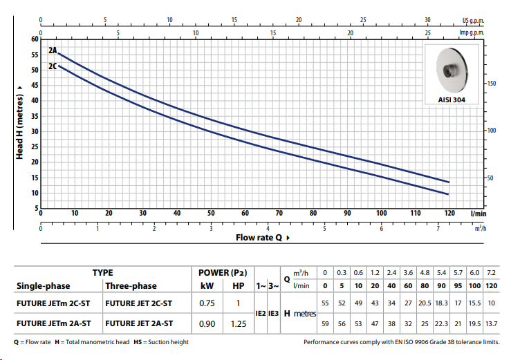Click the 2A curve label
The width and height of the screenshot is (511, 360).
[x=53, y=51]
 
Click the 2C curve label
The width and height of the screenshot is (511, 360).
[x=53, y=66]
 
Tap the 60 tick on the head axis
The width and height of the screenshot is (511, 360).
[x=35, y=39]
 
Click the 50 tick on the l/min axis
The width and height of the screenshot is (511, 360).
[x=211, y=214]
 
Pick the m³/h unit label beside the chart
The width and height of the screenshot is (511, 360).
[x=480, y=228]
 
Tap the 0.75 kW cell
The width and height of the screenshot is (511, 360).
[x=207, y=303]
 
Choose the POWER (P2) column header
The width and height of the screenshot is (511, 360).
[x=222, y=273]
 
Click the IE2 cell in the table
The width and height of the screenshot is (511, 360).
[x=260, y=312]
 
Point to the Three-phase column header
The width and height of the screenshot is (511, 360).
[x=131, y=285]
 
